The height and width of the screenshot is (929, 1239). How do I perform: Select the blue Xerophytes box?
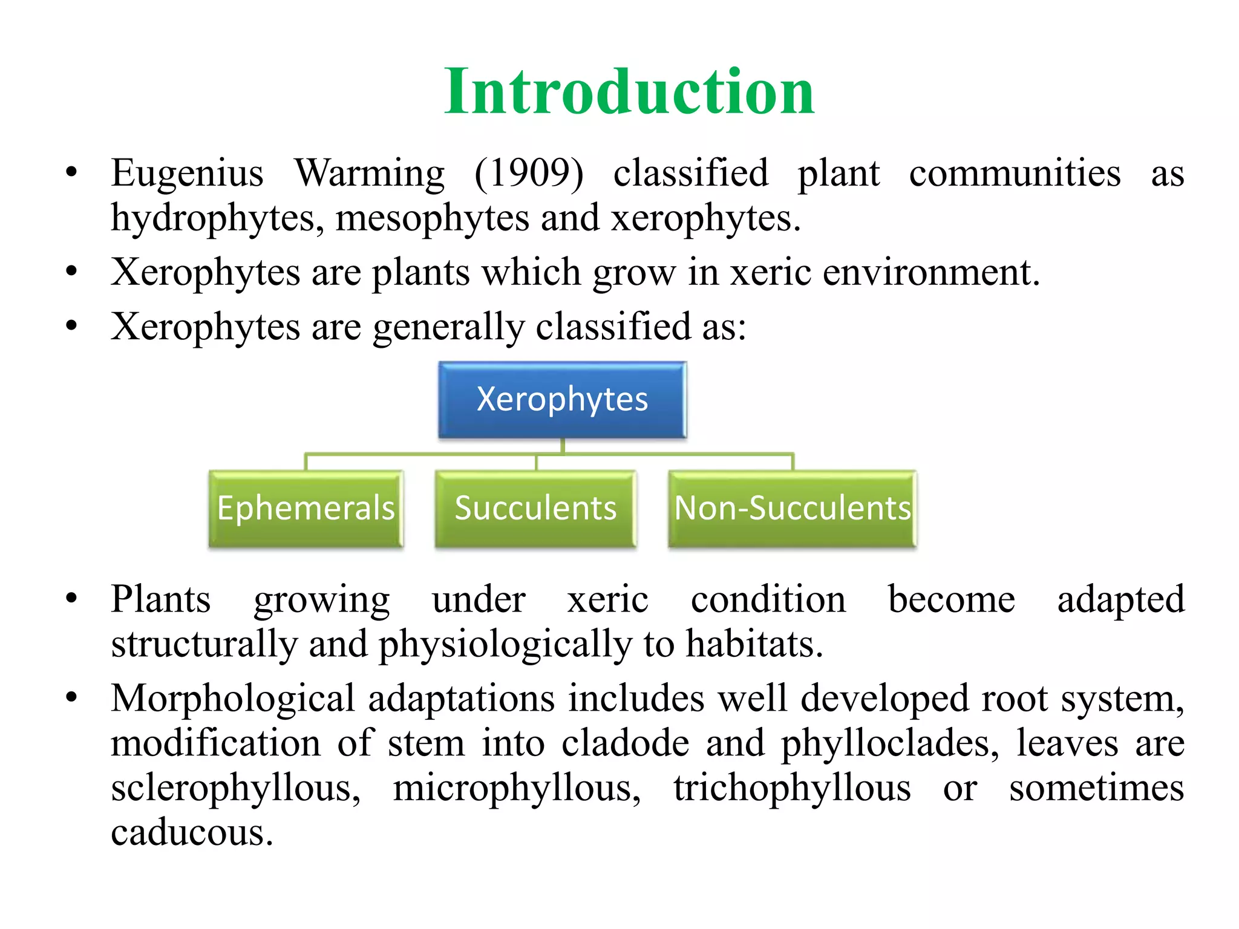point(562,400)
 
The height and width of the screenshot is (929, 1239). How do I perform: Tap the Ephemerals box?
point(306,509)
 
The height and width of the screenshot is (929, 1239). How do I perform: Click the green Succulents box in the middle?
point(535,509)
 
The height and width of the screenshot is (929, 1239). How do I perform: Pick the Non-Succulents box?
point(792,509)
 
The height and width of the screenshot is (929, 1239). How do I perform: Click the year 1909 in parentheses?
point(529,174)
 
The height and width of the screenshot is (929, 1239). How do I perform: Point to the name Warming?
point(370,174)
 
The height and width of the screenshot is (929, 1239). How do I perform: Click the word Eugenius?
point(187,174)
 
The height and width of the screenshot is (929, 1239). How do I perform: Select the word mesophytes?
point(432,219)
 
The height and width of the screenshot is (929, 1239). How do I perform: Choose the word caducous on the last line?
point(192,833)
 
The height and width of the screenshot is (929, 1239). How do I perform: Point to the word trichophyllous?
point(792,789)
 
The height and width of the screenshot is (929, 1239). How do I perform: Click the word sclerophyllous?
point(236,789)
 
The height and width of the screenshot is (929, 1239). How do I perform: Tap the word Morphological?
point(233,699)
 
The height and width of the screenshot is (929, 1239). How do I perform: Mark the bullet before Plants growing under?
point(72,599)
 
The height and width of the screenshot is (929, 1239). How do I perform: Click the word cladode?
point(625,744)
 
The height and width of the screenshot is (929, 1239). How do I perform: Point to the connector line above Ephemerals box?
point(306,462)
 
